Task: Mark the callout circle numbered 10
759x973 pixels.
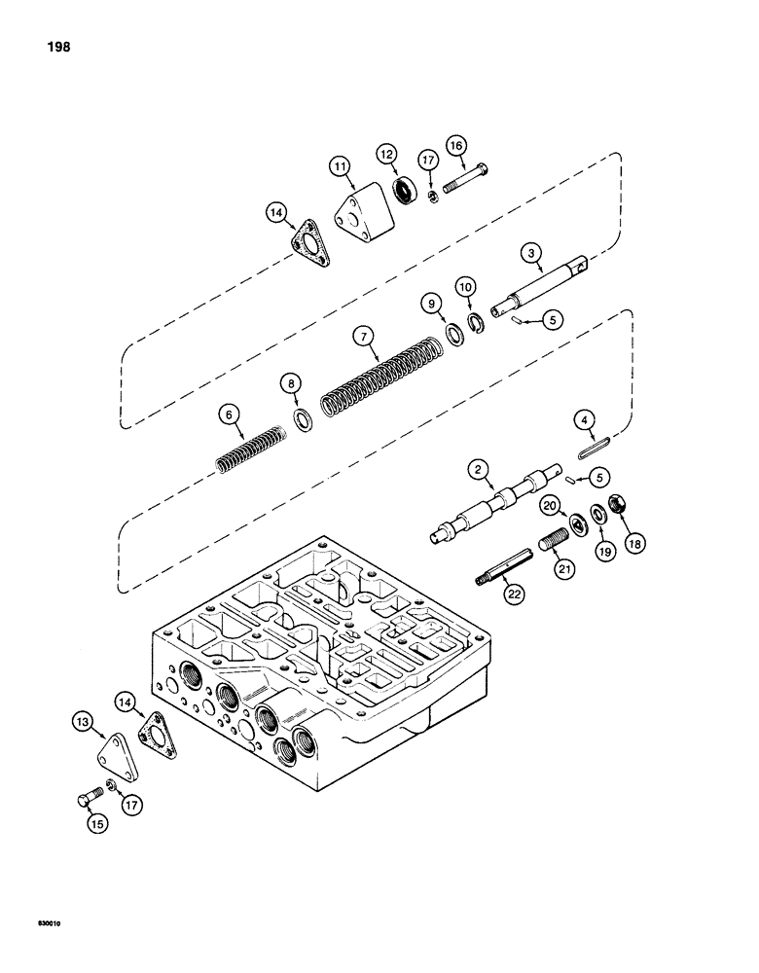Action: coord(466,287)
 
